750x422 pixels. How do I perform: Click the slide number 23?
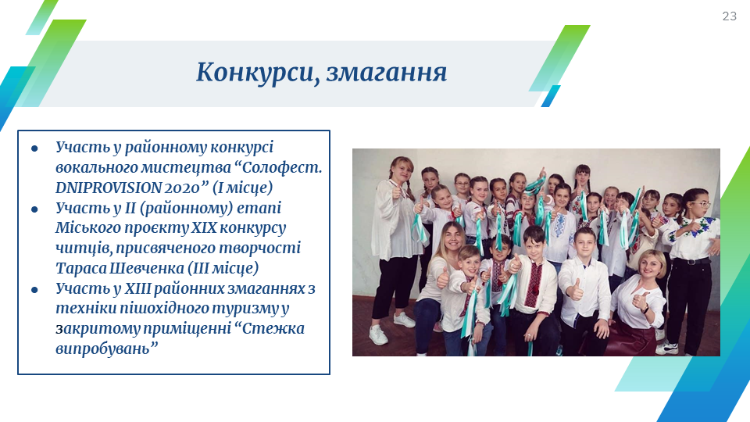coord(729,16)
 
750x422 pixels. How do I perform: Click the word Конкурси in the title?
coord(255,72)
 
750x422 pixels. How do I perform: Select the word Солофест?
coord(282,167)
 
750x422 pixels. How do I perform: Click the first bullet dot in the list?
coord(34,148)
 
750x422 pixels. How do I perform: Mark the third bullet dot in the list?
coord(34,290)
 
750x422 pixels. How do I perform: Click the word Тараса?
coord(80,268)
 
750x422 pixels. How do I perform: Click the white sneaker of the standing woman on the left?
coord(378,335)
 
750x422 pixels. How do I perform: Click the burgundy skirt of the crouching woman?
coord(631,340)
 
